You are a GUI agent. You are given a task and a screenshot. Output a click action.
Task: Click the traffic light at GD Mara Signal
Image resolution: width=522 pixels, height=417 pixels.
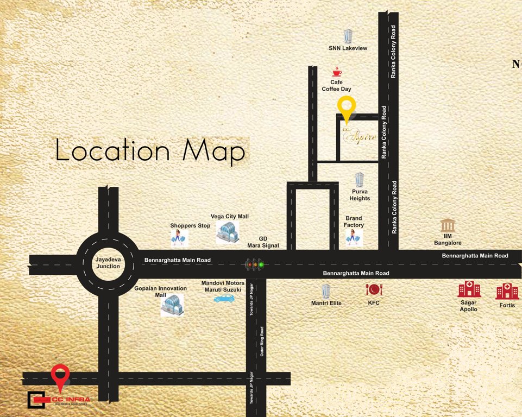pos(254,265)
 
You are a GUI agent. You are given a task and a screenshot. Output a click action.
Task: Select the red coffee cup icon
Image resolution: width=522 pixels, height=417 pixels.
pos(337,72)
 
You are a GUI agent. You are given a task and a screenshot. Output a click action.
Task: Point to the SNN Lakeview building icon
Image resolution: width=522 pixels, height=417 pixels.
pos(348,36)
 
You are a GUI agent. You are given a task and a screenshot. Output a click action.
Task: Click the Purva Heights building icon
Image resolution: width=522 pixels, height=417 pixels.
pos(359,180)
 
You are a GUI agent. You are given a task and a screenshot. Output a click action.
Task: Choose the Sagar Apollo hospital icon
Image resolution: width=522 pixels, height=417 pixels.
pos(469,289)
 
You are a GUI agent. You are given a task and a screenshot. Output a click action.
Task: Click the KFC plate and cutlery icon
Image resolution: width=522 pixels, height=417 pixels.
pos(374,289)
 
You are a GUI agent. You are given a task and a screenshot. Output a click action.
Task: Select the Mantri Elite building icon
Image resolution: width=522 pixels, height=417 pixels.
pos(326,290)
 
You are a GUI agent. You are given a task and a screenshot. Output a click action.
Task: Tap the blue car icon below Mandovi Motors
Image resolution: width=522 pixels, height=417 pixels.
pos(223,298)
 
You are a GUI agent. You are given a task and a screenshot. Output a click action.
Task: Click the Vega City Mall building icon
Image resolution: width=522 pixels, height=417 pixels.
pos(228,232)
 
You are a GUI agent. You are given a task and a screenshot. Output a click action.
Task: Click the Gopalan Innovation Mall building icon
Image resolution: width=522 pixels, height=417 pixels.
pos(172,306)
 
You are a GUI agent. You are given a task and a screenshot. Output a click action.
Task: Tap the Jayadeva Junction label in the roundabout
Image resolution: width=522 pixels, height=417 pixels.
pos(108,263)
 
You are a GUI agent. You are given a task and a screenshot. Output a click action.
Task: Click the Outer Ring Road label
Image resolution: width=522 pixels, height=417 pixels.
pos(261,341)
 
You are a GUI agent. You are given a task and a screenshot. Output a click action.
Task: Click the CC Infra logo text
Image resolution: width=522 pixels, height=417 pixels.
pos(71,401)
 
